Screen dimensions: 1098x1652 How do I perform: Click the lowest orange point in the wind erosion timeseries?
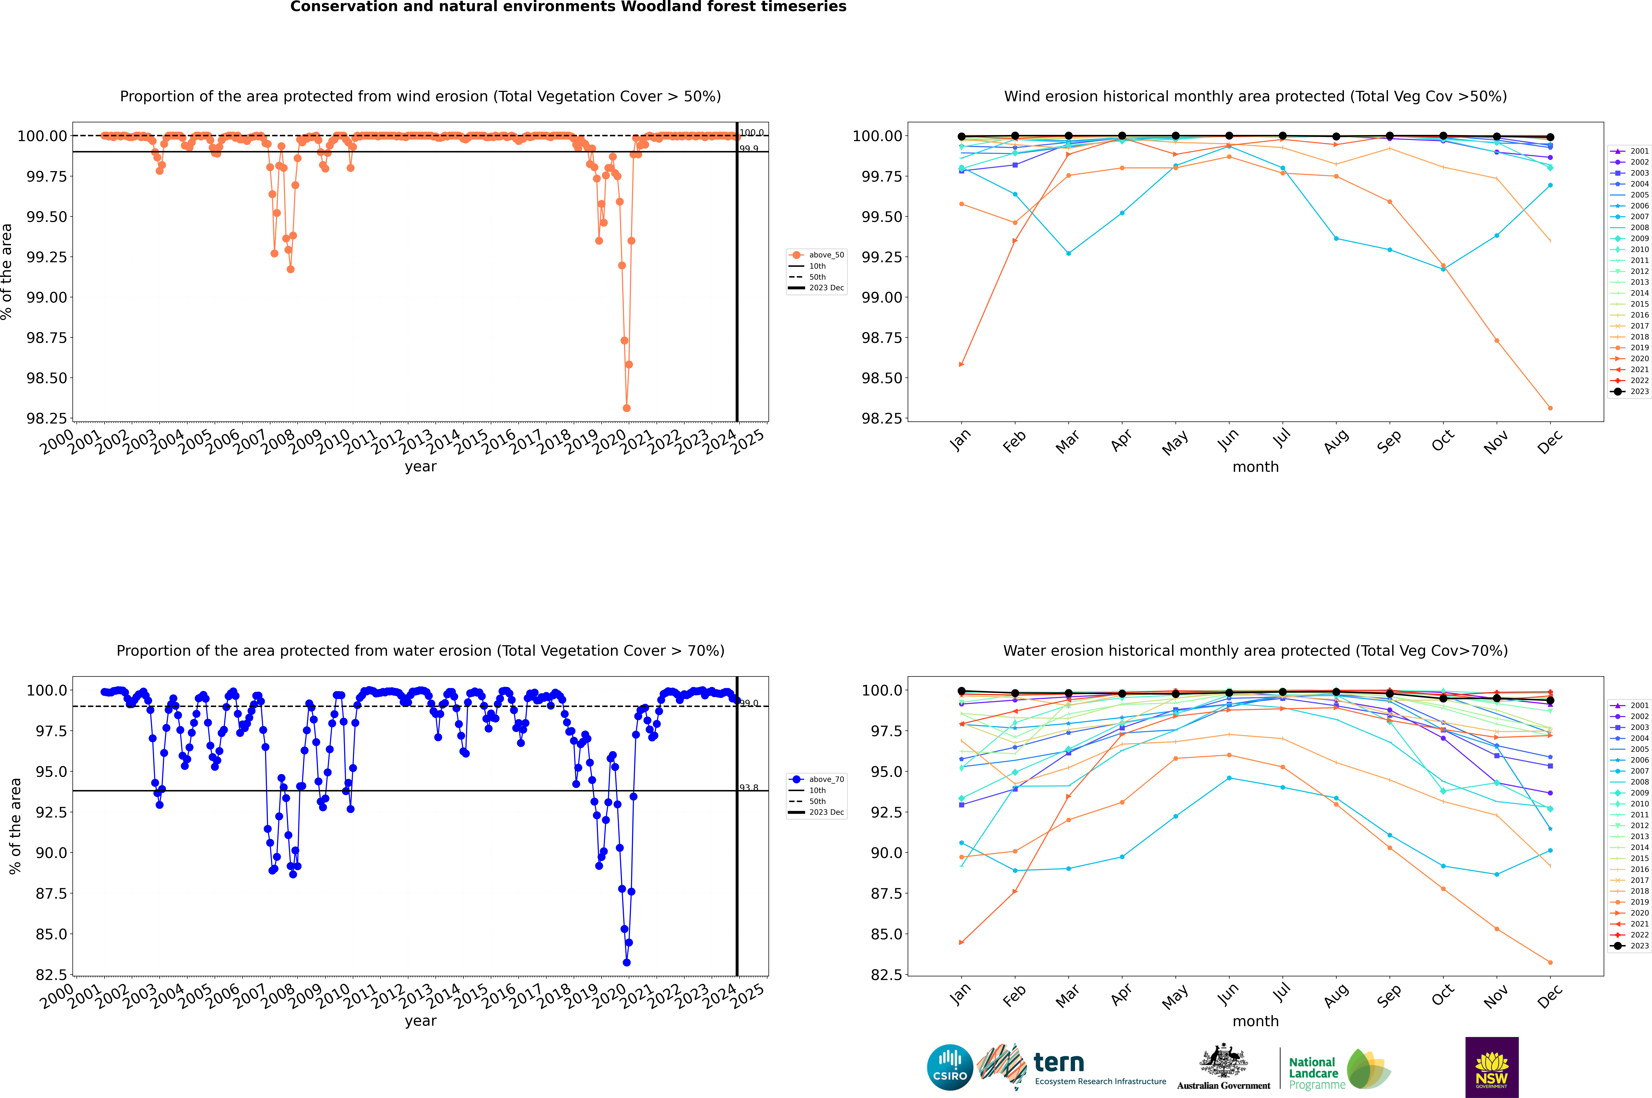[626, 408]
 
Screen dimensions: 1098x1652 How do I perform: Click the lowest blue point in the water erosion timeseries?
[626, 962]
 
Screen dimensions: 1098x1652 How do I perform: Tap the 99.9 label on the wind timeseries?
[749, 148]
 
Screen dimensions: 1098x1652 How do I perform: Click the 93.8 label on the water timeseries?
[749, 788]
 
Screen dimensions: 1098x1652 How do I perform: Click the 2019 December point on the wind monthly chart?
[1550, 408]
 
